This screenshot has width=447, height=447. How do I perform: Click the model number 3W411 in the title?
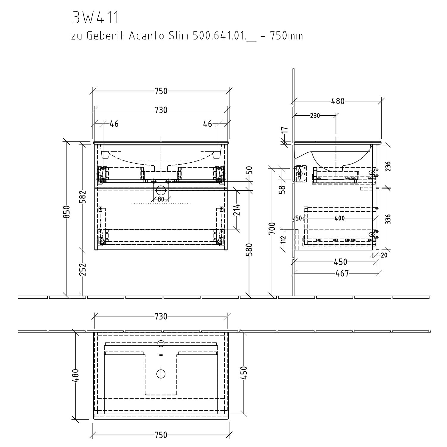pos(96,18)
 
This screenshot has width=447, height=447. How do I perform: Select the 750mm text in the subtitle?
pos(286,36)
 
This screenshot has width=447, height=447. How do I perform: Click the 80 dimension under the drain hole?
pos(161,199)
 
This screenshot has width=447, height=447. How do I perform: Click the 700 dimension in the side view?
pos(272,229)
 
